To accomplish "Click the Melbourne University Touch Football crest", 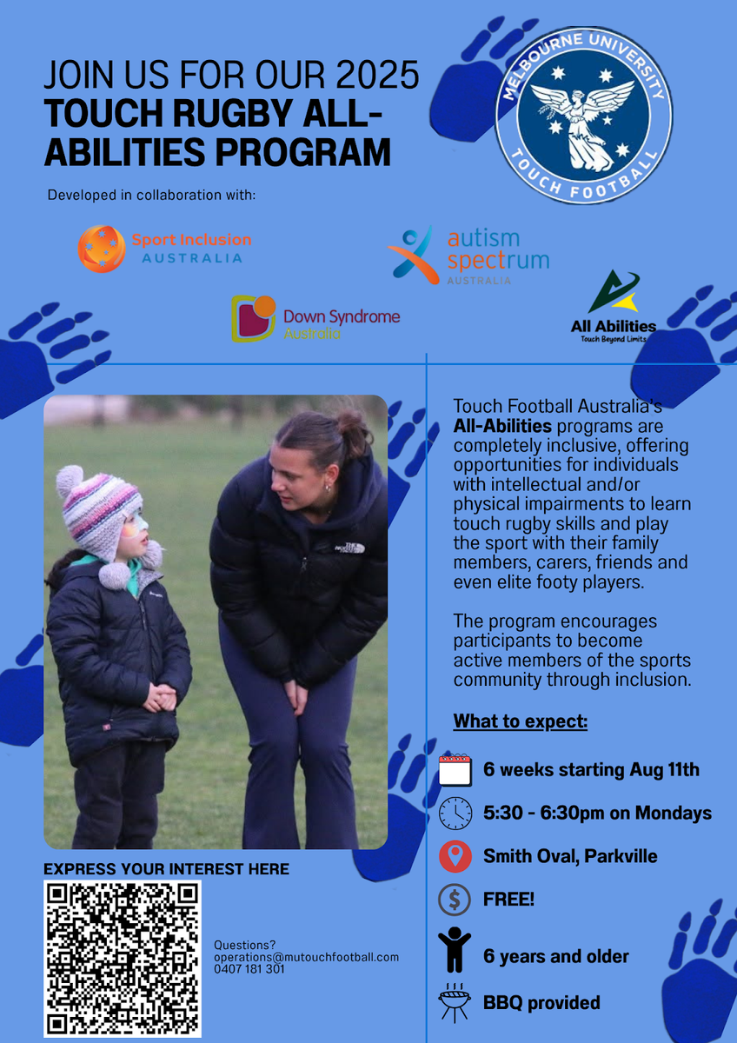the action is click(583, 115).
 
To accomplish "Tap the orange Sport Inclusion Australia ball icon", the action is click(102, 249).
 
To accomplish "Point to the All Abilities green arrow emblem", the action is click(614, 291).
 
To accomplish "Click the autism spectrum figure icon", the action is click(414, 255).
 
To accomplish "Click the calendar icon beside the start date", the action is click(455, 769).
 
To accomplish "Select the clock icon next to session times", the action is click(455, 813).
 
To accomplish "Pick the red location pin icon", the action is click(455, 856).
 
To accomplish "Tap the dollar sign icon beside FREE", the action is click(455, 900).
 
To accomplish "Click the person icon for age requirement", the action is click(455, 949).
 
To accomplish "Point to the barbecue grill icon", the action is click(455, 1002).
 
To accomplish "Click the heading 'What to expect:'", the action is click(521, 721).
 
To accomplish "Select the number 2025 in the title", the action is click(377, 75).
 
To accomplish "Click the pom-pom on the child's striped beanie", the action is click(70, 481).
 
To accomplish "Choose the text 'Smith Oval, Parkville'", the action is click(570, 856).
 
